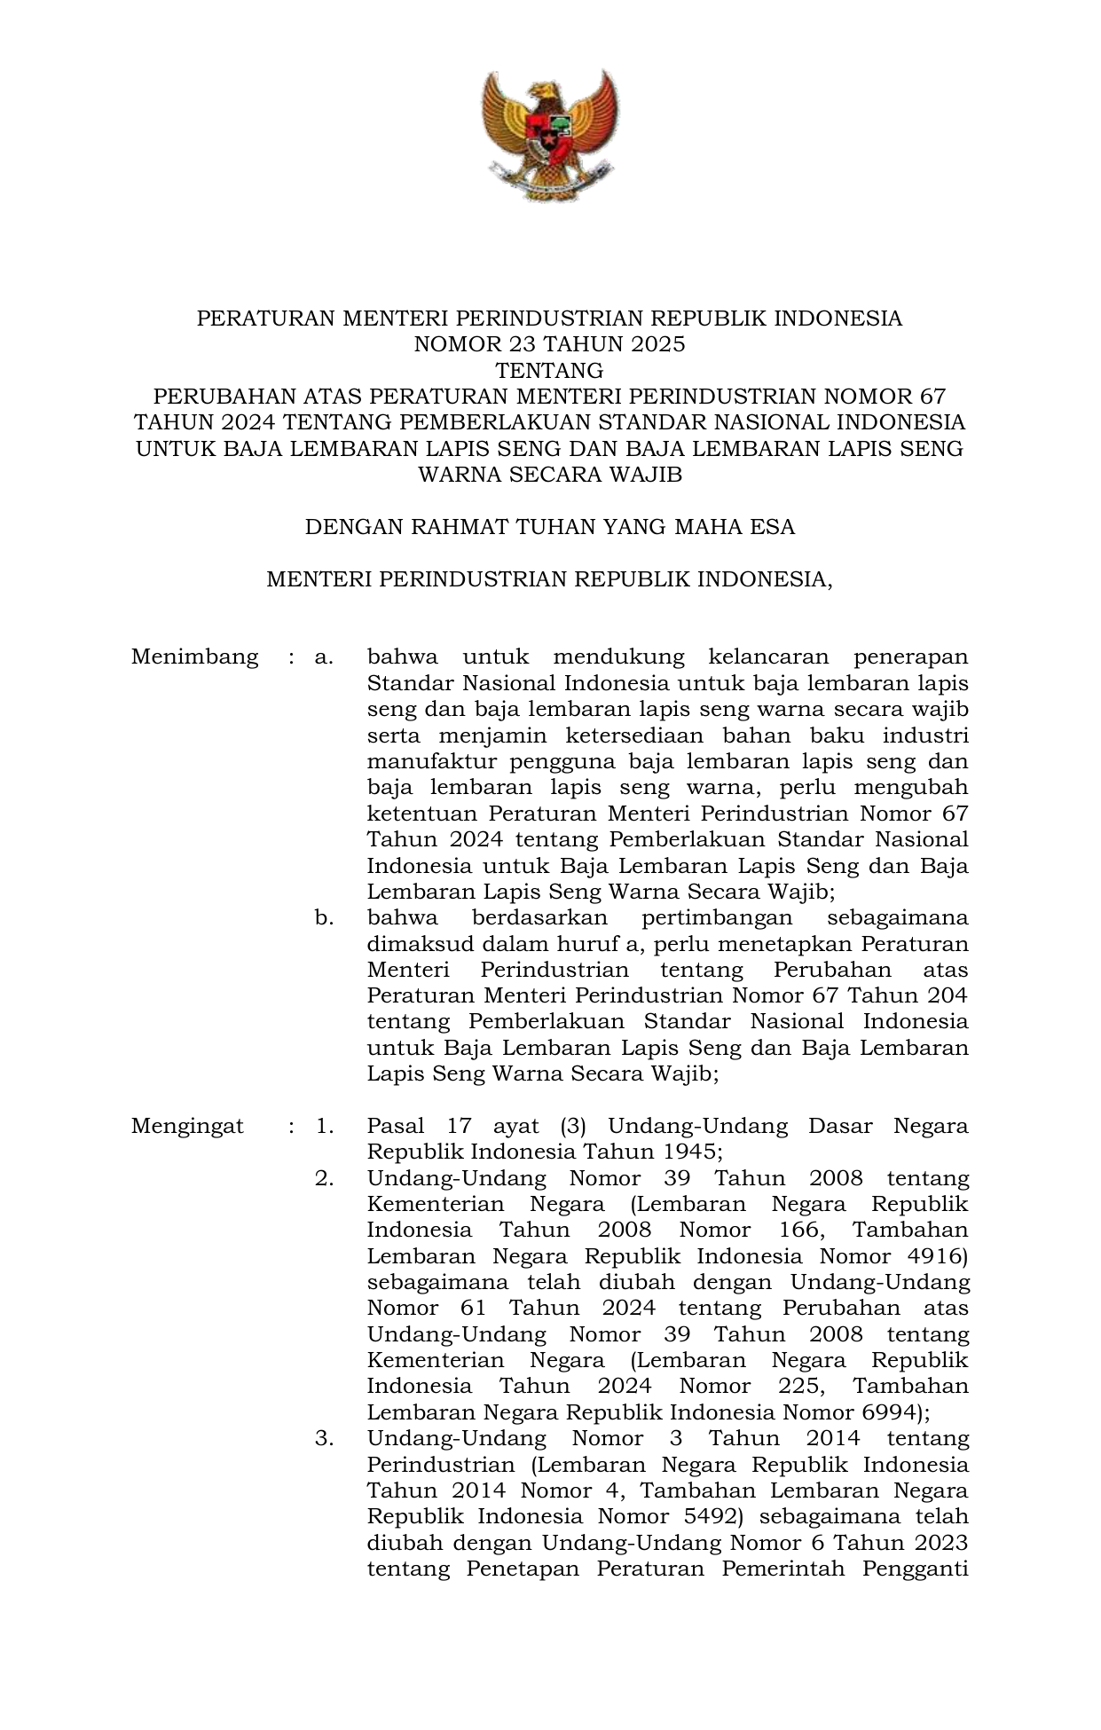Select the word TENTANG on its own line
[x=550, y=370]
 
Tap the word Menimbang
[x=194, y=657]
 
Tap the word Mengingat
[x=187, y=1127]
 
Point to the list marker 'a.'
[x=324, y=657]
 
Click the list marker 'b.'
[x=324, y=917]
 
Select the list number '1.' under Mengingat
[x=324, y=1127]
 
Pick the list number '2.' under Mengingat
[x=324, y=1178]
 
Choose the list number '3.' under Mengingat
[x=324, y=1438]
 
